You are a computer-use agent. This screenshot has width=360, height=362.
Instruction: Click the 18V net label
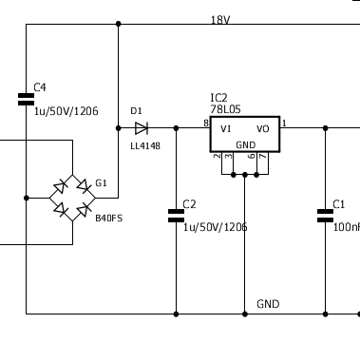coord(220,20)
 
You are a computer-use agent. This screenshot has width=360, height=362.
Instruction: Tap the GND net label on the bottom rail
coord(268,304)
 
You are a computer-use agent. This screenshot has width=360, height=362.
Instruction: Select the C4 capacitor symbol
coord(26,99)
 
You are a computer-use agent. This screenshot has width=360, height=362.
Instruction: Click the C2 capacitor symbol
coord(176,216)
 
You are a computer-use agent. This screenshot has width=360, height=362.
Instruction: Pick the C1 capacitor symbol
coord(325,216)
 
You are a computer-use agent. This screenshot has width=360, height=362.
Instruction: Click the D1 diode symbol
coord(142,128)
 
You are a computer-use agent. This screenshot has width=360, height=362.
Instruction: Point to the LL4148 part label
coord(145,146)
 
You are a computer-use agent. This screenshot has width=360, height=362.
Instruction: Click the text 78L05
coord(225,109)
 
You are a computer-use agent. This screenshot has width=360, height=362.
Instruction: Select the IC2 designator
coord(218,98)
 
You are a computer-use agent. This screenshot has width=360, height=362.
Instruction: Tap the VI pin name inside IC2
coord(226,129)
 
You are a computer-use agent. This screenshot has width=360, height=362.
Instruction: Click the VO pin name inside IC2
coord(263,129)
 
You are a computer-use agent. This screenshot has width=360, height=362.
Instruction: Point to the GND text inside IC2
coord(246,145)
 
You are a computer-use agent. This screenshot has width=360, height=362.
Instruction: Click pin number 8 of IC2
coord(206,123)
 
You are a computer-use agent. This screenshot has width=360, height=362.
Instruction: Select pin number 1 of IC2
coord(284,123)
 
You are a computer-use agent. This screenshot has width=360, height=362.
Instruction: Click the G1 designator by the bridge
coord(101,183)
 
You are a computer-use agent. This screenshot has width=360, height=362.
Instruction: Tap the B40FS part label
coord(109,219)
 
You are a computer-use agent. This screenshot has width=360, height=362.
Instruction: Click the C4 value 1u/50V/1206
coord(66,111)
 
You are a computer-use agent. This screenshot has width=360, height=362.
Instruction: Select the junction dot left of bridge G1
coord(27,198)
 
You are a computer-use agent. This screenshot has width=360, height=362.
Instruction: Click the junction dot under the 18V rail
coord(119,24)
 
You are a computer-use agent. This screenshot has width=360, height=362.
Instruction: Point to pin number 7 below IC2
coord(263,156)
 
